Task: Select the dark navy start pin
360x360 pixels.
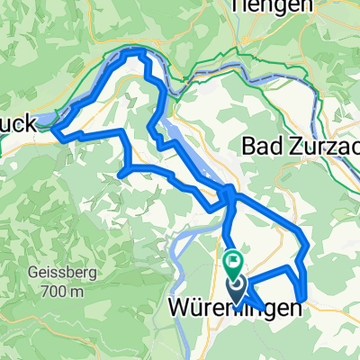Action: coord(237,288)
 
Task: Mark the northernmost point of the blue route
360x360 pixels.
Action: coord(135,53)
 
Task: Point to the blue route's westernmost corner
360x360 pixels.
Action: coord(54,132)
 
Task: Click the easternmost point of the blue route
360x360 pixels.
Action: coord(308,245)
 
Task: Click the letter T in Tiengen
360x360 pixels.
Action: coord(238,5)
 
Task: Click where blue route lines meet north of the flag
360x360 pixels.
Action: coord(229,193)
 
